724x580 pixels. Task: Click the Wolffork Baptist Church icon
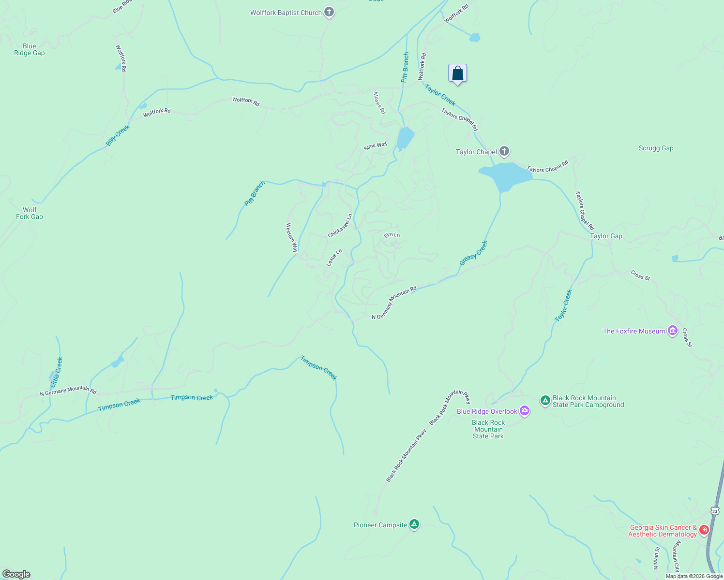point(329,12)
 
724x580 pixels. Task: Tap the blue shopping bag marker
point(457,73)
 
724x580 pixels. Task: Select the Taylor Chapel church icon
point(504,151)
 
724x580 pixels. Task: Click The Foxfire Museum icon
point(672,331)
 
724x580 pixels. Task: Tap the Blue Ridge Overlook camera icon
point(524,411)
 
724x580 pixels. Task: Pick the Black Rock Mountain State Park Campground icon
point(545,400)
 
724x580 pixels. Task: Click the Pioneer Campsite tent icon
point(414,524)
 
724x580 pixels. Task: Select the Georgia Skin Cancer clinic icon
point(704,530)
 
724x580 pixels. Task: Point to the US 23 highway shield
point(715,511)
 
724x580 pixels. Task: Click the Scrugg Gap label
point(656,148)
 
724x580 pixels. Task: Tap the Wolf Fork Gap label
point(30,213)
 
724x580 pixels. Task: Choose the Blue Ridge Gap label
point(29,50)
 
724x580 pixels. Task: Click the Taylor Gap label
point(606,236)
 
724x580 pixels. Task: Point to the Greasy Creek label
point(473,253)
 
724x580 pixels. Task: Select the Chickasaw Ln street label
point(340,226)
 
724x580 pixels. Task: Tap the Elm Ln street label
point(392,235)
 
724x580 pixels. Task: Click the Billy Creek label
point(118,136)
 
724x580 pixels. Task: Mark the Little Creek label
point(57,372)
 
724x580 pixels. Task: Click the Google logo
point(16,574)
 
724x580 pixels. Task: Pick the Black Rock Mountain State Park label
point(488,429)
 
